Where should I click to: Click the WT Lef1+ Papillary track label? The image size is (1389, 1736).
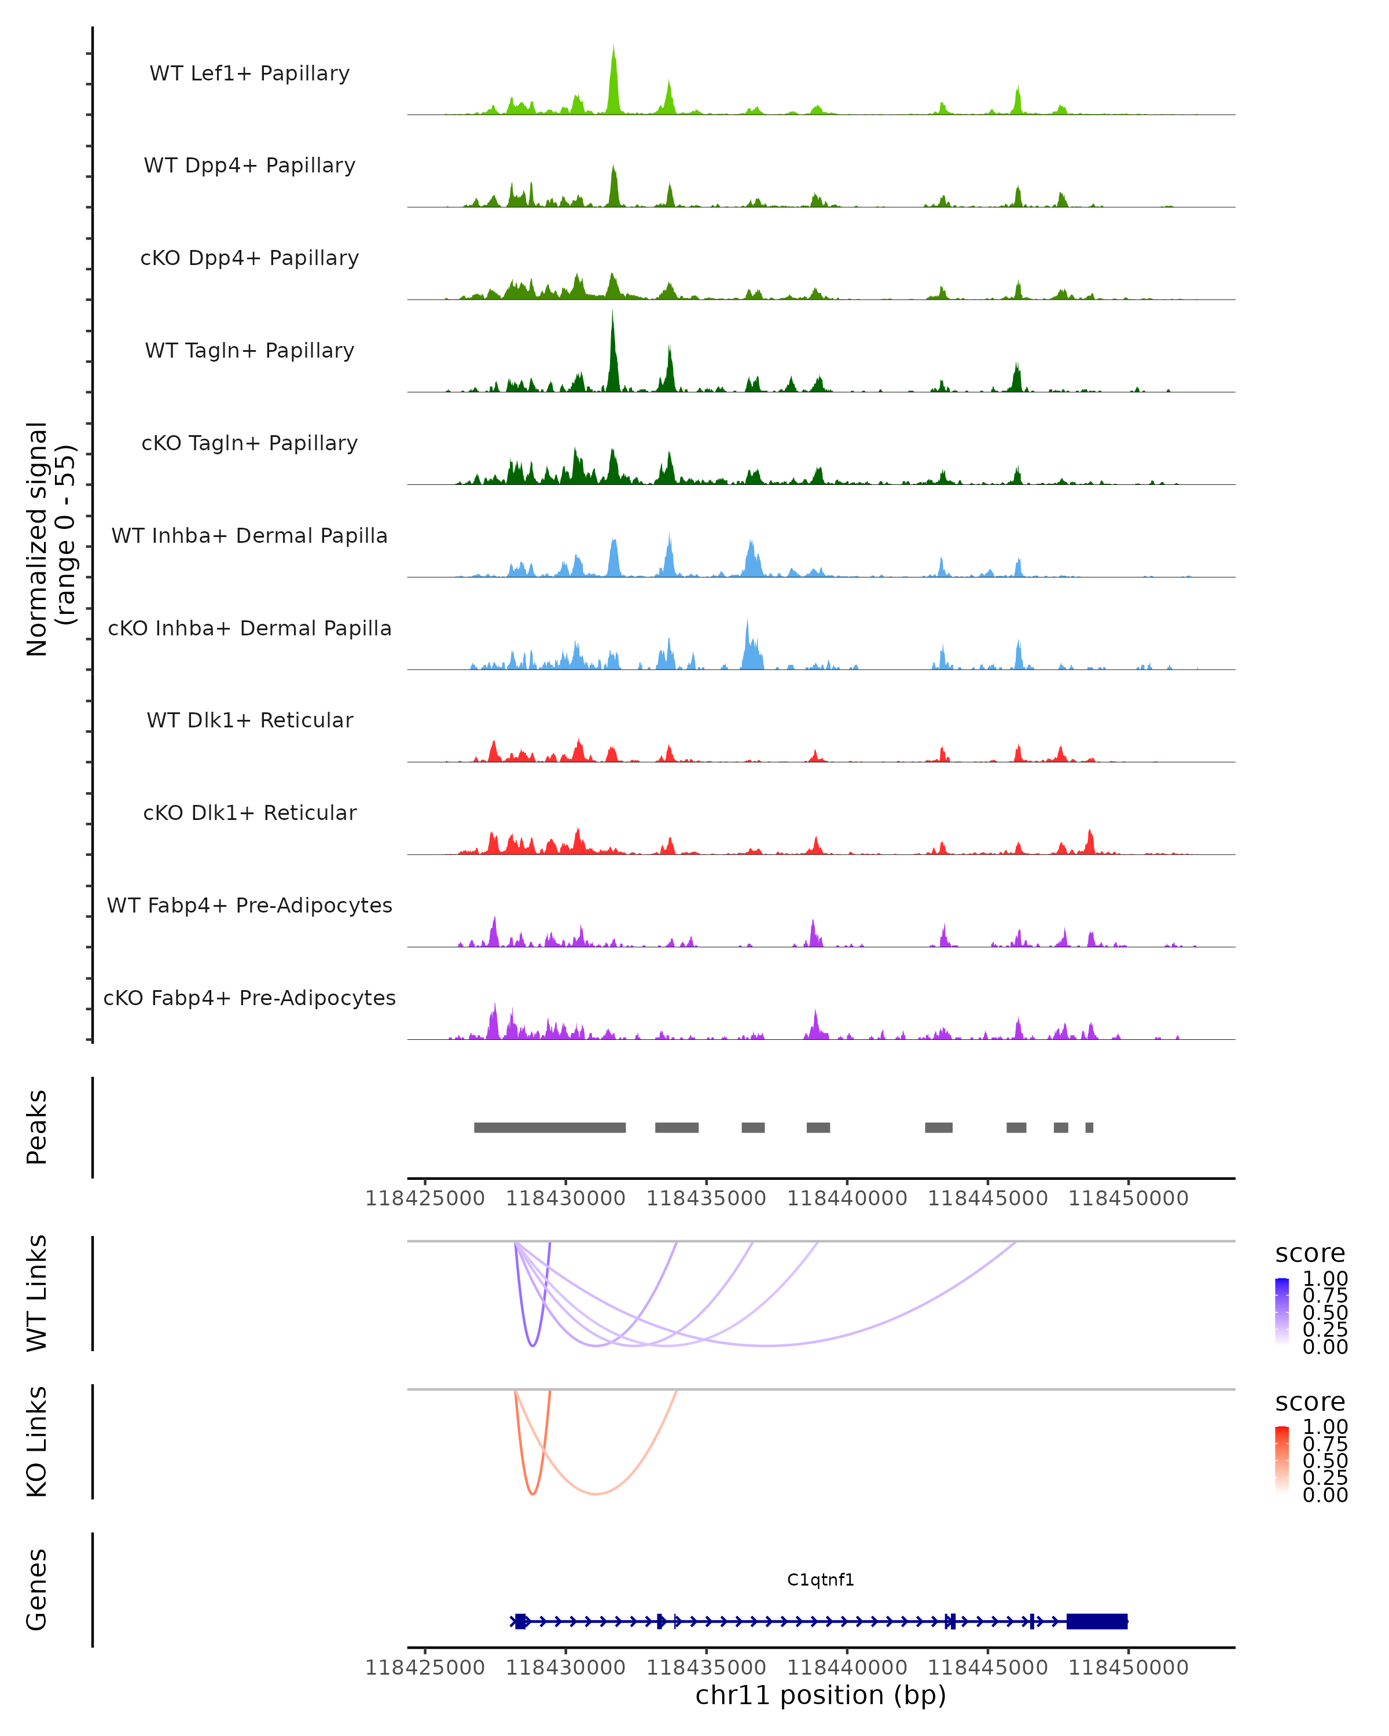pyautogui.click(x=249, y=73)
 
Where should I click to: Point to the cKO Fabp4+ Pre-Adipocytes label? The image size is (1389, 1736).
pyautogui.click(x=249, y=998)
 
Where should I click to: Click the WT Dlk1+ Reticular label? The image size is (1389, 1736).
pyautogui.click(x=249, y=720)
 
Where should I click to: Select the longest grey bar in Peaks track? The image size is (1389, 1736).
pyautogui.click(x=550, y=1127)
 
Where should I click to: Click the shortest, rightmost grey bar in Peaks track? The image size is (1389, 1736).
pyautogui.click(x=1089, y=1127)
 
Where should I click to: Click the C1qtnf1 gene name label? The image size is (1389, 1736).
pyautogui.click(x=821, y=1579)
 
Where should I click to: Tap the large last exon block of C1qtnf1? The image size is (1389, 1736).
pyautogui.click(x=1097, y=1621)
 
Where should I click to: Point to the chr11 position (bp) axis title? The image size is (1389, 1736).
pyautogui.click(x=821, y=1695)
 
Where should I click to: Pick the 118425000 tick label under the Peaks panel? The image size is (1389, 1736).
pyautogui.click(x=425, y=1198)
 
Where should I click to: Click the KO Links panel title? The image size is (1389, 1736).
pyautogui.click(x=37, y=1442)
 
